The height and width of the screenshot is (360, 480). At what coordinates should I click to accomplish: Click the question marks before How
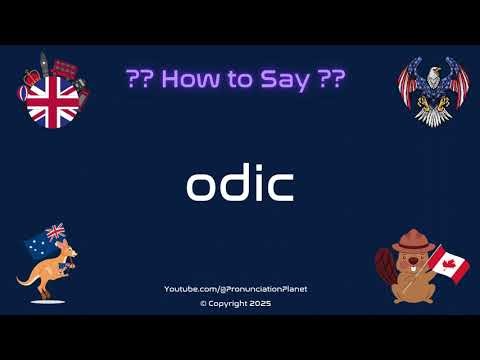(x=141, y=80)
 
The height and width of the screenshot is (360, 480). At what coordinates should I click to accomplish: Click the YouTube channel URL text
(x=236, y=289)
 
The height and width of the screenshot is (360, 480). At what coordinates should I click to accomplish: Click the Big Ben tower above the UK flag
(x=44, y=64)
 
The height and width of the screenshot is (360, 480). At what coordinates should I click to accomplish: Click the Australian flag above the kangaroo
(x=51, y=232)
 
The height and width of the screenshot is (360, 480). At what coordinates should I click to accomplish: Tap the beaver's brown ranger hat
(x=410, y=239)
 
